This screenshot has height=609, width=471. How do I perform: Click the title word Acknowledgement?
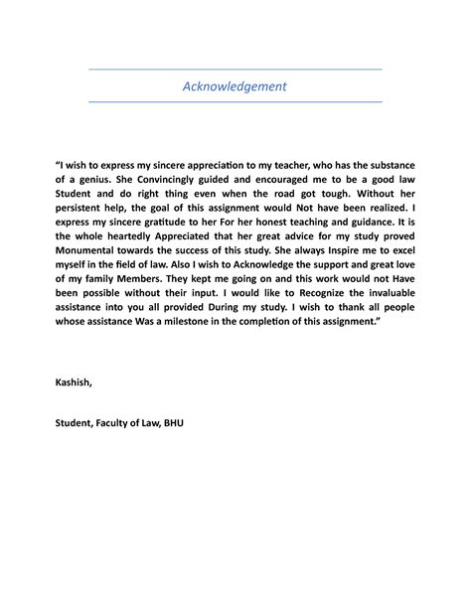[235, 86]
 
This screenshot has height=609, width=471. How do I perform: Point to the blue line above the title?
[235, 70]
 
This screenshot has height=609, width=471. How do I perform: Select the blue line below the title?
[235, 101]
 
